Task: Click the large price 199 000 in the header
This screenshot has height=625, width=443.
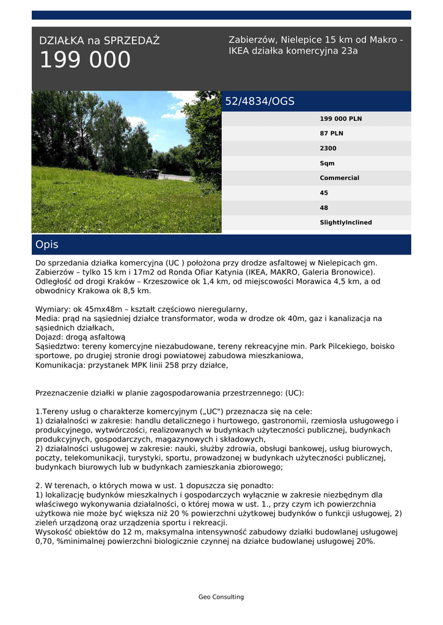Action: coord(85,60)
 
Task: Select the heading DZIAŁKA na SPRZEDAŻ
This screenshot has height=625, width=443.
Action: coord(99,41)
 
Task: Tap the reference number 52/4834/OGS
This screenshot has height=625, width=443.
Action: coord(260,101)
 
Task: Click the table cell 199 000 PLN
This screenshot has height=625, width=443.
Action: coord(340,119)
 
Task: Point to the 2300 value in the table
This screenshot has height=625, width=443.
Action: coord(328,148)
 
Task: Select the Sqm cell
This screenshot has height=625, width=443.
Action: coord(327,164)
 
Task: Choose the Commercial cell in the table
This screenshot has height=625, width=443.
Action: coord(339,178)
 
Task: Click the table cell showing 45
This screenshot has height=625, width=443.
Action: coord(324,193)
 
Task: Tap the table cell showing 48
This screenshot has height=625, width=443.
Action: coord(324,208)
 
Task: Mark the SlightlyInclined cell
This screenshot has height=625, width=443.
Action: coord(345,223)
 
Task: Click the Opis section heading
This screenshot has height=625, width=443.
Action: coord(47,245)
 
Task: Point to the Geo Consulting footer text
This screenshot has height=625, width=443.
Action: coord(221,597)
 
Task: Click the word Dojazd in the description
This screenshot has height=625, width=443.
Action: coord(49,337)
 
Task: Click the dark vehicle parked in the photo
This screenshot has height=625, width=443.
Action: coord(150,173)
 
